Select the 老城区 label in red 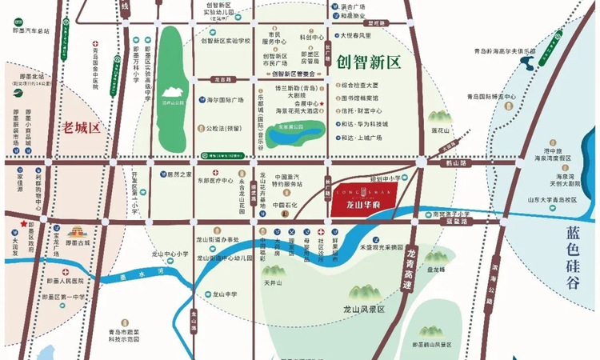pyautogui.click(x=81, y=126)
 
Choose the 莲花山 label pyautogui.click(x=441, y=129)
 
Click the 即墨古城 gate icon pyautogui.click(x=76, y=230)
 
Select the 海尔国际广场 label pyautogui.click(x=220, y=101)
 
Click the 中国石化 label pyautogui.click(x=284, y=205)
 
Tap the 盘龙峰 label pyautogui.click(x=437, y=270)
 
